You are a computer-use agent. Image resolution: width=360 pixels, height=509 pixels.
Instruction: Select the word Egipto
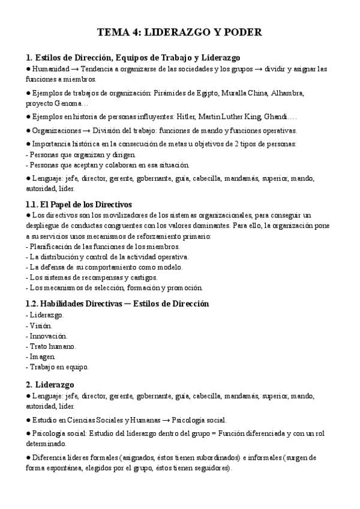pyautogui.click(x=206, y=93)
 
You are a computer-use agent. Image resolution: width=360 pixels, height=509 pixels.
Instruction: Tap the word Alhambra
pyautogui.click(x=287, y=93)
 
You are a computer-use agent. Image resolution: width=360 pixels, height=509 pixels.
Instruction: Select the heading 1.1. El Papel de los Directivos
pyautogui.click(x=79, y=204)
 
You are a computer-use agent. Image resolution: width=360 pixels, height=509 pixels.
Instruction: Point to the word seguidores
pyautogui.click(x=211, y=468)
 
